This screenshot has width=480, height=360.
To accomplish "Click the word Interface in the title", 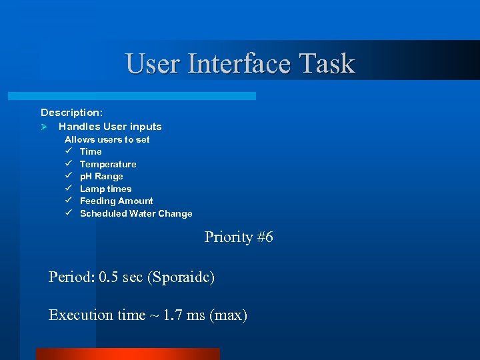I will [x=241, y=64].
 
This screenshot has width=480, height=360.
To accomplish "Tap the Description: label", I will [x=71, y=113].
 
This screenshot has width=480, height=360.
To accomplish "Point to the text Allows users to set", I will [x=107, y=139].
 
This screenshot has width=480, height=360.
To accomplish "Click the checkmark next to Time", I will [x=68, y=151].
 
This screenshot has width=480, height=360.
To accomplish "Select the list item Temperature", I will [x=108, y=164].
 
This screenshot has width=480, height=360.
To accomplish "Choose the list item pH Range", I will [x=101, y=176].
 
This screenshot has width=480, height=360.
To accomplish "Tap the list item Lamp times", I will [x=105, y=189].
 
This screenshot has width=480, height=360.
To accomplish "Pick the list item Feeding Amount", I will [x=116, y=201].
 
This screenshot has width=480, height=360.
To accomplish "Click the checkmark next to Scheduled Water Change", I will [x=68, y=213].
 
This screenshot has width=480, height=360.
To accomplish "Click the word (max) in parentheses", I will [x=228, y=315].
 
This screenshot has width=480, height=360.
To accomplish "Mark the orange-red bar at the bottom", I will [x=127, y=354].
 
